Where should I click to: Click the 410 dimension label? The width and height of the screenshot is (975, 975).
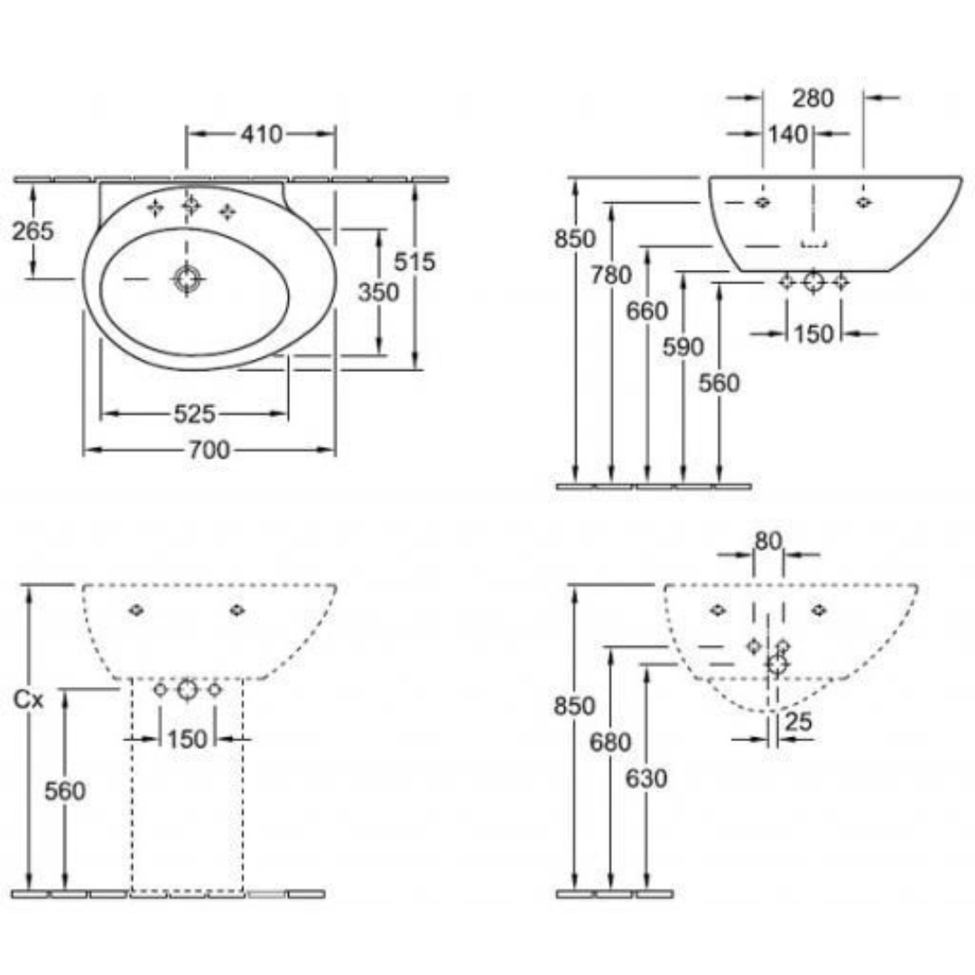(x=261, y=134)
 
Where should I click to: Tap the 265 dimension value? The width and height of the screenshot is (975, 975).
(x=33, y=231)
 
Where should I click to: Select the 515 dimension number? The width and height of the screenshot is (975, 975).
(x=414, y=262)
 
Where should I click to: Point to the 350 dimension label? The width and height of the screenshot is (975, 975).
(x=378, y=292)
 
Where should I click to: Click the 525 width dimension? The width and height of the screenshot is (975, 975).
(x=194, y=413)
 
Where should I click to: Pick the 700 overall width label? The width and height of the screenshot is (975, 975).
(x=209, y=450)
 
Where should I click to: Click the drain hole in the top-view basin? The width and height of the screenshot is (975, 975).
(x=187, y=279)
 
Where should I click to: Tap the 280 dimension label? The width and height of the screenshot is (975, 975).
(x=812, y=98)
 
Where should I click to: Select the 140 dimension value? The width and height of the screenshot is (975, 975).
(x=788, y=135)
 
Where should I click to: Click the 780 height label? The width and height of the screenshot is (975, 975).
(x=611, y=274)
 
